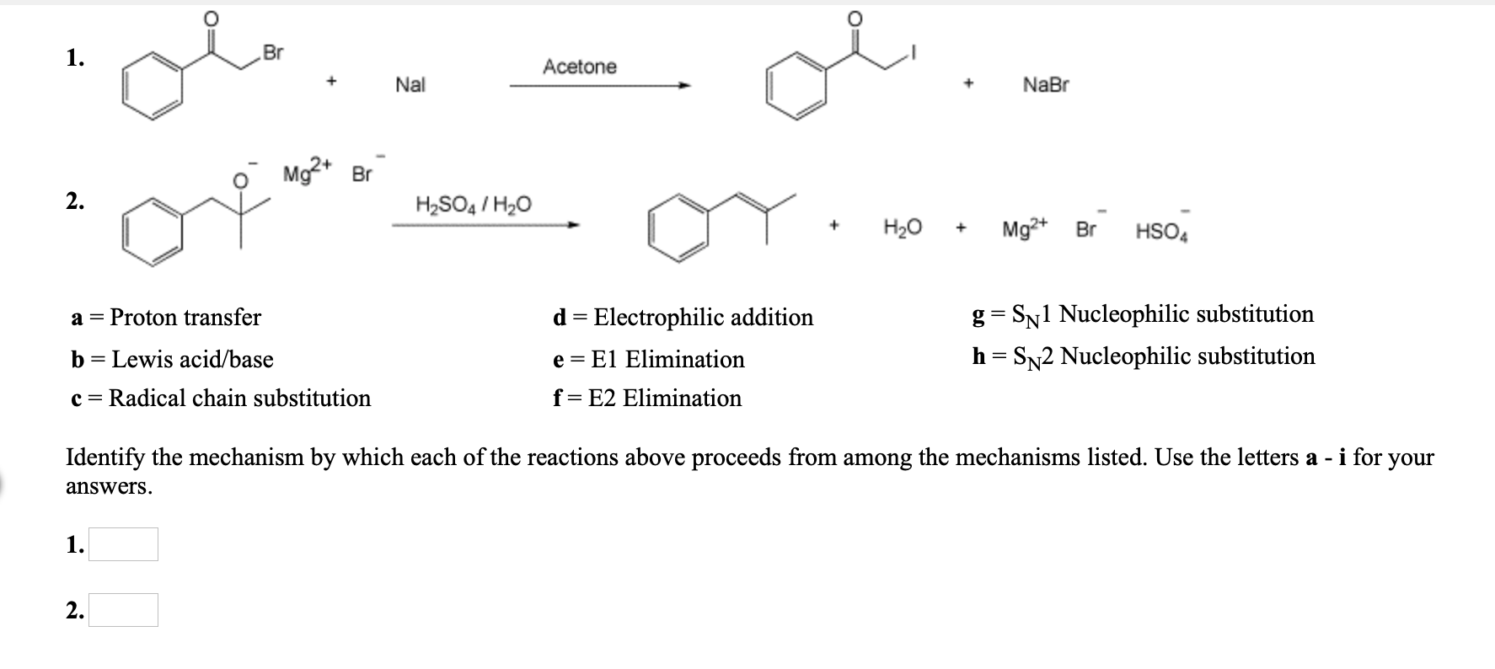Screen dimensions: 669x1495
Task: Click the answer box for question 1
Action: pos(123,544)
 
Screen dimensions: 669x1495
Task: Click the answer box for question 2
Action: pos(123,610)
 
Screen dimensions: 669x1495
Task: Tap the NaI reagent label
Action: pos(410,85)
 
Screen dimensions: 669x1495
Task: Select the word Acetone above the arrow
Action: pos(580,67)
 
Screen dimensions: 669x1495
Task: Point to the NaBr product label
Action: pos(1046,85)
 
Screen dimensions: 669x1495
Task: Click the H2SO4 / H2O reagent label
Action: pos(474,205)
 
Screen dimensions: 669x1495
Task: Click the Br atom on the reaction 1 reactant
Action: pos(273,52)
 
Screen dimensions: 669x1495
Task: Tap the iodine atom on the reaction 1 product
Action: pos(914,53)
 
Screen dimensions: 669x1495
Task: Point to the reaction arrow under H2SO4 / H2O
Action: pos(485,225)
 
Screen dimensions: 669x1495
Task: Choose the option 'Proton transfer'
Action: pos(167,318)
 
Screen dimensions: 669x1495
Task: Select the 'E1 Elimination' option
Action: pos(649,360)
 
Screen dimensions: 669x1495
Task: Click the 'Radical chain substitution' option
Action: pos(222,399)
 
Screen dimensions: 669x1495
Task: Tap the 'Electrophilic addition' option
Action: pos(683,318)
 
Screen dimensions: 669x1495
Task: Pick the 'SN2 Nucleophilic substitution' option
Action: pos(1144,357)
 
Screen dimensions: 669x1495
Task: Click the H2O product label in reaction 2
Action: pos(903,228)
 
